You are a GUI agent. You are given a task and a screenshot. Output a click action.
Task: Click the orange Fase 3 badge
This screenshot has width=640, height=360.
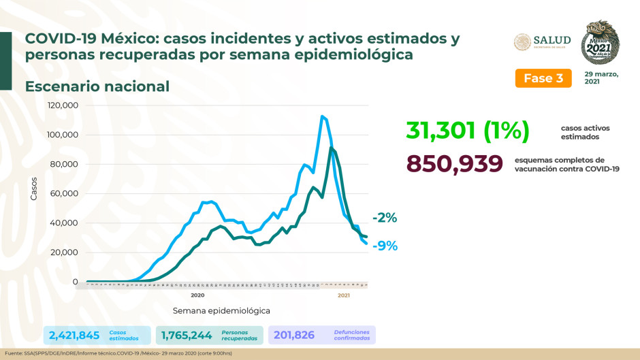coord(543,78)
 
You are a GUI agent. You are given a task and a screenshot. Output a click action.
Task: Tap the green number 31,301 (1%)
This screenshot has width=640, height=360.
coord(467,131)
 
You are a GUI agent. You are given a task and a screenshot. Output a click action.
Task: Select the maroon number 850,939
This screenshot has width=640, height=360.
coord(454,163)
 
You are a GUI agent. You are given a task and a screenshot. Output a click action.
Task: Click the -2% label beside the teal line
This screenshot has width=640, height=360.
coord(384,218)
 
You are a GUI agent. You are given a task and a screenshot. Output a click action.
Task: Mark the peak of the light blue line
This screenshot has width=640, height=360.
coord(321,116)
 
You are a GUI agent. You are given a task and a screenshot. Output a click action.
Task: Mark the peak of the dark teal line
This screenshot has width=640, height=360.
coord(331,148)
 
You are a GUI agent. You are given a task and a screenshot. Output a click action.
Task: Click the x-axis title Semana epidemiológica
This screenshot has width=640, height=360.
coord(221,310)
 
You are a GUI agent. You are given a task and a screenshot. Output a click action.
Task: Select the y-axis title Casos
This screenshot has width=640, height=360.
coord(33,189)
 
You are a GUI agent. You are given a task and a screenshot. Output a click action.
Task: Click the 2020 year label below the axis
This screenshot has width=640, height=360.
coord(197,295)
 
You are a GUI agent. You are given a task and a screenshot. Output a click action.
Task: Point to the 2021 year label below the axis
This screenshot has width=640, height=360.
coord(344,295)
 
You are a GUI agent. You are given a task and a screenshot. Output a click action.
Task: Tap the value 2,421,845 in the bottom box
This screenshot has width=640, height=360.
coord(74,335)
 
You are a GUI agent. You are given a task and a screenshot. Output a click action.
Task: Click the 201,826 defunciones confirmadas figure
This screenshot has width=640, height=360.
coord(299,335)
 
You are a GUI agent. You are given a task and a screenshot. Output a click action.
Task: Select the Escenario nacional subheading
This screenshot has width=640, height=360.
coord(97,86)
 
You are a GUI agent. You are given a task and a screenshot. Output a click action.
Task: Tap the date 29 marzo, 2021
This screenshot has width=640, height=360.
coord(601,77)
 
